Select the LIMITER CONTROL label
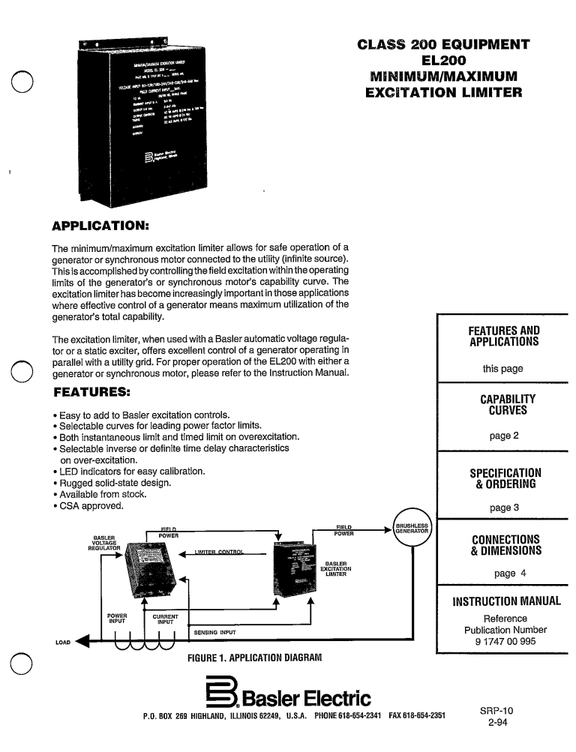[220, 553]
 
